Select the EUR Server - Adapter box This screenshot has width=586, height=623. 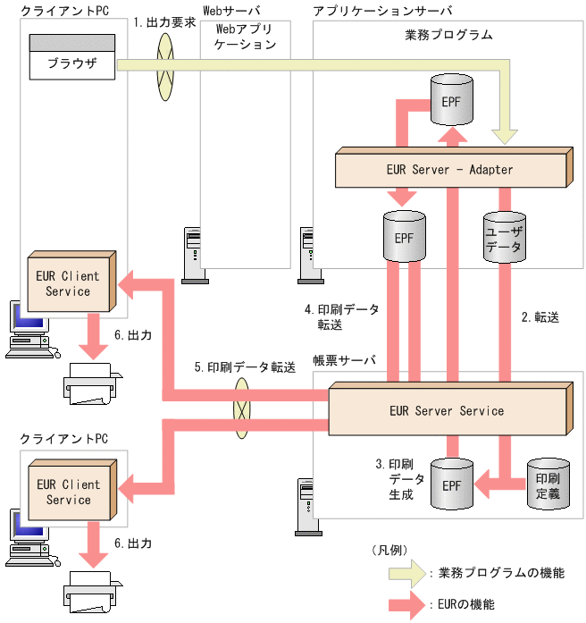[x=452, y=169]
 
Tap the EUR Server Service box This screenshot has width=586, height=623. [x=448, y=411]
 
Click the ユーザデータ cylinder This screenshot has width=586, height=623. [x=503, y=238]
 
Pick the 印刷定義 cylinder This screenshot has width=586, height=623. [x=547, y=484]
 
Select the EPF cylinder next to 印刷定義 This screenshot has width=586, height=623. [x=451, y=486]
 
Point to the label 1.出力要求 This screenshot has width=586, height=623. [x=164, y=22]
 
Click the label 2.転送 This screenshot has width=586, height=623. [x=540, y=316]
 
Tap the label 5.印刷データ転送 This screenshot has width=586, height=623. [x=245, y=367]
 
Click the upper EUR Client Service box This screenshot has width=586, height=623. [x=70, y=283]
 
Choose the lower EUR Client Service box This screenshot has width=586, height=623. [x=70, y=492]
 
